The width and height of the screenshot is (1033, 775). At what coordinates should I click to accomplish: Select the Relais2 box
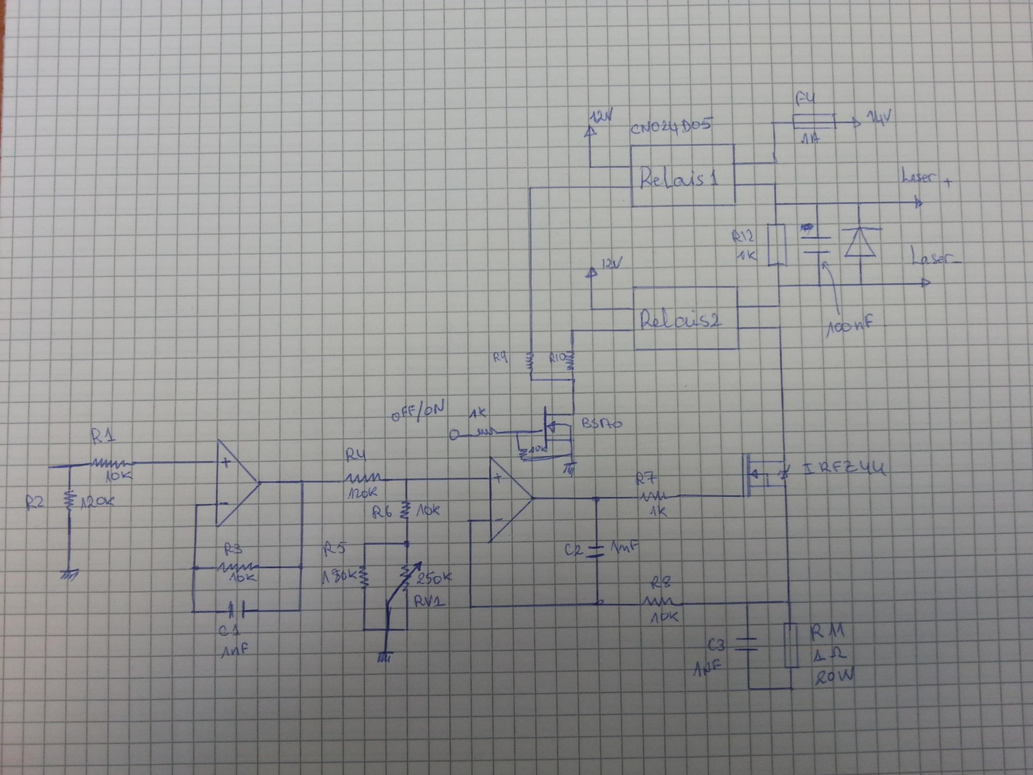click(x=686, y=319)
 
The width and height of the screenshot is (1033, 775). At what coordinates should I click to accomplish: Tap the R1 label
click(x=104, y=437)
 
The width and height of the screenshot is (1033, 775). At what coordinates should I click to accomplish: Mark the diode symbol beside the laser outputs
click(x=859, y=242)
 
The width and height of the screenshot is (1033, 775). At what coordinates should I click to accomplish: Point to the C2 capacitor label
click(x=575, y=551)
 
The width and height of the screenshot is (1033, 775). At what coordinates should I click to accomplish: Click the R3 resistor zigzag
click(x=236, y=567)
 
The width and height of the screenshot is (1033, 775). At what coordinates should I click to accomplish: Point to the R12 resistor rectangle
click(x=777, y=245)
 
